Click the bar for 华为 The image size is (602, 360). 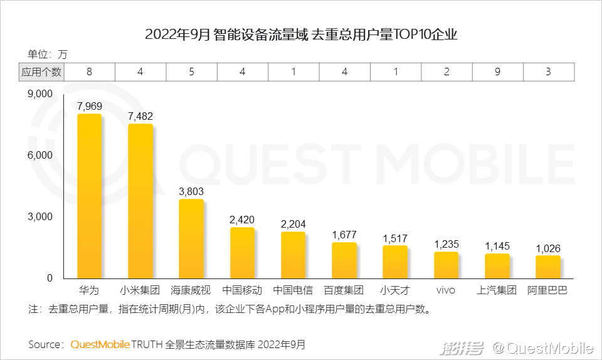[89, 196]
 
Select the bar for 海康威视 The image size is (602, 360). [191, 239]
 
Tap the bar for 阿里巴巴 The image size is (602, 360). [547, 267]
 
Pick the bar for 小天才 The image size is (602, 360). [394, 262]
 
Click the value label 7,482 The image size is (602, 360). [140, 117]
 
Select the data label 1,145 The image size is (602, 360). [497, 246]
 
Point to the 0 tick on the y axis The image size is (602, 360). [51, 278]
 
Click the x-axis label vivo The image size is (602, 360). [446, 290]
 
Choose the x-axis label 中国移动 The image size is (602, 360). [242, 290]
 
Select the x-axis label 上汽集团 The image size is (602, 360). [497, 290]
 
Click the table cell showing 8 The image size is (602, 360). [90, 72]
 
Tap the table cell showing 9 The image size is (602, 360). [497, 72]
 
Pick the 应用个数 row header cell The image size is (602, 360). [41, 72]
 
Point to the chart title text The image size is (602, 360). [301, 34]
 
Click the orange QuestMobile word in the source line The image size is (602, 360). [100, 344]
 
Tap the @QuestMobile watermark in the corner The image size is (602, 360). [542, 347]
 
